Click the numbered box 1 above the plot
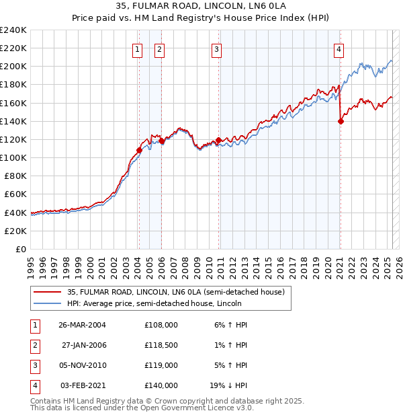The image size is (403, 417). click(137, 48)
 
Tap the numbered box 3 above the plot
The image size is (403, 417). click(216, 48)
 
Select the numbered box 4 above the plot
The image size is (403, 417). click(339, 48)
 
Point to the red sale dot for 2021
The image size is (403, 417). click(340, 121)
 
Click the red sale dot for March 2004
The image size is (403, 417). click(139, 150)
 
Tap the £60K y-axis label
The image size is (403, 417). click(15, 194)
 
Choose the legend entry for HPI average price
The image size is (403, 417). click(158, 303)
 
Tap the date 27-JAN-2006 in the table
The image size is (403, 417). click(84, 345)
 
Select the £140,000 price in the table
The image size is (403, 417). click(161, 385)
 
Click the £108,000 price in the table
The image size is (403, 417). click(161, 325)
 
